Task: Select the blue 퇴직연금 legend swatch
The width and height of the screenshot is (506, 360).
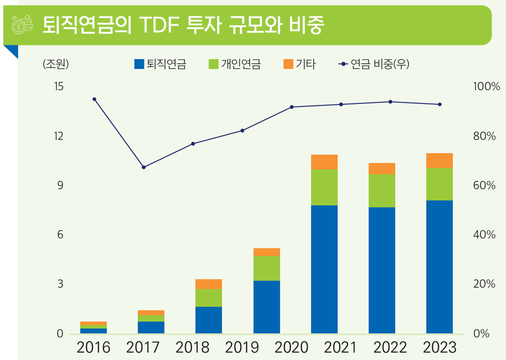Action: point(139,64)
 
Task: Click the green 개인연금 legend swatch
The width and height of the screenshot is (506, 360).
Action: point(213,64)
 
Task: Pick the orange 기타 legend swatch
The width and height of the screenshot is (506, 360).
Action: point(288,64)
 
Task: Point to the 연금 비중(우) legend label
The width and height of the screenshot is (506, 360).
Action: point(379,64)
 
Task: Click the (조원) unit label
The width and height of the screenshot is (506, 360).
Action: point(55,64)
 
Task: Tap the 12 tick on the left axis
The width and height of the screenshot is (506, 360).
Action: point(58,137)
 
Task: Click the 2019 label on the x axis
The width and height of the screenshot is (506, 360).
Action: point(242,348)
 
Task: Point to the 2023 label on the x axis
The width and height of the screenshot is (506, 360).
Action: point(440,348)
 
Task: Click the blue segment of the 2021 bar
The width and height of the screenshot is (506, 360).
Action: point(324,269)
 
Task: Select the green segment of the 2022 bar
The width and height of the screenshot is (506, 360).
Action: point(382,191)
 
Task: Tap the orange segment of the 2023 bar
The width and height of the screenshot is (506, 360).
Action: point(440,160)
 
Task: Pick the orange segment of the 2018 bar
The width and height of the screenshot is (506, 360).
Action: point(209,284)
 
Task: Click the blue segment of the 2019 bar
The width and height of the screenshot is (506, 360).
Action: point(267,307)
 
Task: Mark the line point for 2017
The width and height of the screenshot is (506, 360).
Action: point(143,167)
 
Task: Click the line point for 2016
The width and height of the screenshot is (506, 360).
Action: point(94,99)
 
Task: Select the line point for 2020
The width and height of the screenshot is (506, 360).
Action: point(291,107)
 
